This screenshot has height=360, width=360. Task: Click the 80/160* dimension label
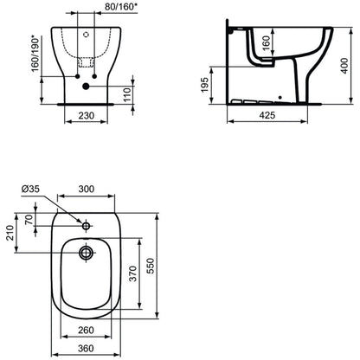click(121, 7)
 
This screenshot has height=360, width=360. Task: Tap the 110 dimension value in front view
click(127, 94)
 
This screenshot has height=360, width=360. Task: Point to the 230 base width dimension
click(87, 115)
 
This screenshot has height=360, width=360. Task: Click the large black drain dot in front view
click(86, 86)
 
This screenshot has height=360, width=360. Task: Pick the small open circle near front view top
click(86, 35)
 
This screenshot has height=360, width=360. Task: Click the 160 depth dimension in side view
click(267, 42)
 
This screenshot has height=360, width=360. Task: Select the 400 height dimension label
click(344, 66)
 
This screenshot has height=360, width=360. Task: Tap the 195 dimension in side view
click(204, 85)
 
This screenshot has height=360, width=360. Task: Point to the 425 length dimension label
click(267, 115)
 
